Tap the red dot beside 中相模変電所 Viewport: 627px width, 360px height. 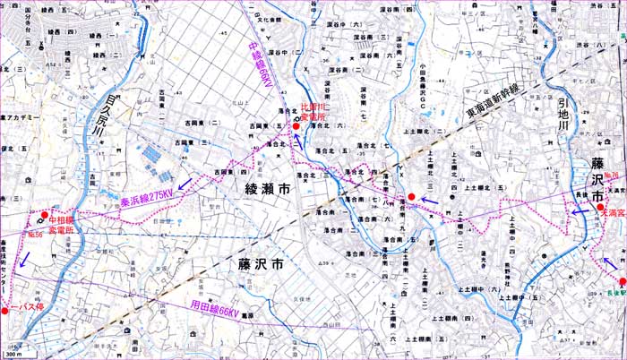tap(45, 215)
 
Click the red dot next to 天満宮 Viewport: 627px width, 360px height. tap(601, 207)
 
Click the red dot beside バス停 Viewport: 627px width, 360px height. tap(4, 311)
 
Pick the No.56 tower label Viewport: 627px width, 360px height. tap(34, 234)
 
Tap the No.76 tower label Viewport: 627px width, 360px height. tap(613, 176)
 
